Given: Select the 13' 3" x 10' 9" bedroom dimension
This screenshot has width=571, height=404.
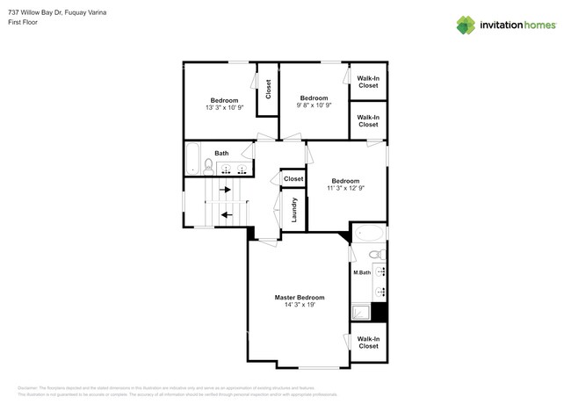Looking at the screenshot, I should (x=223, y=107).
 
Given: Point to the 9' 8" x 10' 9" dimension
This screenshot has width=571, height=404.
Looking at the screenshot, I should (x=314, y=105).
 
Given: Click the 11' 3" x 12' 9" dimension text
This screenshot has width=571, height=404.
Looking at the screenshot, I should (x=345, y=187).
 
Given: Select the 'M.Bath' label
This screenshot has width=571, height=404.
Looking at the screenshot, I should (x=361, y=273).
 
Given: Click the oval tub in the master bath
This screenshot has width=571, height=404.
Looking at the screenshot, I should (x=368, y=234).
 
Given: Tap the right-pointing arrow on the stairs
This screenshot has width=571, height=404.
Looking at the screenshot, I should (x=226, y=189).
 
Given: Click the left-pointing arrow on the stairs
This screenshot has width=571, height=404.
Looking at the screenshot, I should (x=226, y=213).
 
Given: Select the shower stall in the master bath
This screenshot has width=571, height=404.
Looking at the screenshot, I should (x=361, y=311).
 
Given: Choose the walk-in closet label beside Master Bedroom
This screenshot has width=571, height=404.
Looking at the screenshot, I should (x=369, y=343).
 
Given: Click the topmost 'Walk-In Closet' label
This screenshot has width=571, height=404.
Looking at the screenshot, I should (x=368, y=82).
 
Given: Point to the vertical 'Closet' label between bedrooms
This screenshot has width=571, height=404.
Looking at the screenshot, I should (x=268, y=89).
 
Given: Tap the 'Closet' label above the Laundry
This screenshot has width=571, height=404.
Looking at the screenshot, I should (x=293, y=178).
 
